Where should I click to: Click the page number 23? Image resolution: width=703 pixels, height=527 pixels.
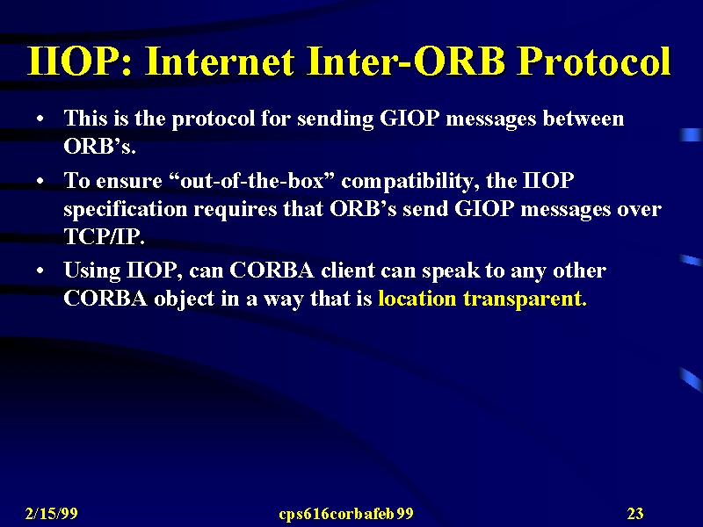pos(635,513)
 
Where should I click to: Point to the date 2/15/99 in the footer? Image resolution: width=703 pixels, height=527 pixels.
pos(52,513)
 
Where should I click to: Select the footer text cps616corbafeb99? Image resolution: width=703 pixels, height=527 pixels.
pos(345,514)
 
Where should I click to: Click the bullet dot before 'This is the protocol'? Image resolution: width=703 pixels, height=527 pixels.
pos(40,119)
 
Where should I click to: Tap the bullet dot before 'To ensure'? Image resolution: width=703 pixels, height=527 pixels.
pos(40,182)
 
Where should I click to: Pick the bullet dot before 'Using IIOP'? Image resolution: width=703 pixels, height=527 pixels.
pos(40,271)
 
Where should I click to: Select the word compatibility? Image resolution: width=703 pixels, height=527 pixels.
pos(409,182)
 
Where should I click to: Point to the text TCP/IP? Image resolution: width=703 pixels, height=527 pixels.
pos(105,236)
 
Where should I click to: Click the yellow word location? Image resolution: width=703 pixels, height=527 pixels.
pos(417,298)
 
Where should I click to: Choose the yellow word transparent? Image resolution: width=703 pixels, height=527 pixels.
pos(525,300)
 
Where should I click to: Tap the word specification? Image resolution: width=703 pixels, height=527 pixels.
pos(126,210)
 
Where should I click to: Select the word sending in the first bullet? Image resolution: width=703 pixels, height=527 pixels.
pos(335,119)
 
